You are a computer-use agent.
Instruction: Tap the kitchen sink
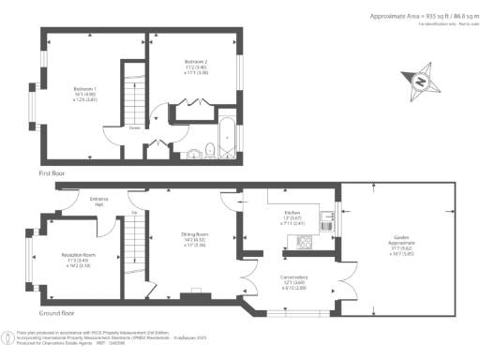tap(326, 223)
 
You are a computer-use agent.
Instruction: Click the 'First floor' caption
tap(52, 172)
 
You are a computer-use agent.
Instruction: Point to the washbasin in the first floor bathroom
tap(191, 154)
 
